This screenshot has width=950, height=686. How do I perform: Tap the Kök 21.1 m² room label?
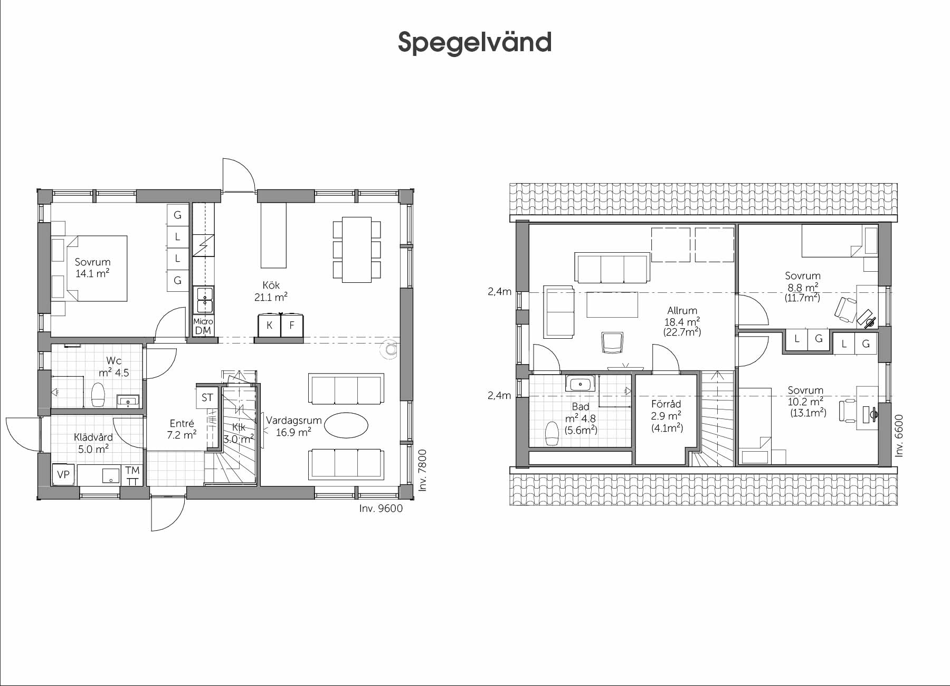pos(271,291)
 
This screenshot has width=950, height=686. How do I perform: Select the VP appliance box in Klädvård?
pos(63,474)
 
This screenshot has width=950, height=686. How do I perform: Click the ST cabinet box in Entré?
pos(207,397)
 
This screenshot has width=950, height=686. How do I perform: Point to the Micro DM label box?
pos(203,326)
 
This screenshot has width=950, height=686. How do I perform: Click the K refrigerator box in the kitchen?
pos(269,326)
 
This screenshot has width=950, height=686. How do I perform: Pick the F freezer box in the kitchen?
pos(292,326)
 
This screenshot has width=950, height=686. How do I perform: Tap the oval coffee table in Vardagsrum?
pos(346,425)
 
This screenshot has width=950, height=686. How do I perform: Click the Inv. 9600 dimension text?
pos(381,509)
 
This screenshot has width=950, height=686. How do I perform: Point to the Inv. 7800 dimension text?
pos(422,470)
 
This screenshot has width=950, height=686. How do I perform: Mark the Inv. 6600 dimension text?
pos(900,435)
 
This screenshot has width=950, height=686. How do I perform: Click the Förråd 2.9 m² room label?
pos(667,416)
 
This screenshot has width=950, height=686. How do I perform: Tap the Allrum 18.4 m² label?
pos(682,321)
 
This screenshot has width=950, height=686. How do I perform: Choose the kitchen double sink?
pos(203,300)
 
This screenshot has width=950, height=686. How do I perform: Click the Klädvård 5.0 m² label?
pos(93,443)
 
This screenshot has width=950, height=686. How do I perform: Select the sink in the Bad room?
pos(581,383)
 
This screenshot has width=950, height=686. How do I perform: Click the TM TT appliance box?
pos(132,475)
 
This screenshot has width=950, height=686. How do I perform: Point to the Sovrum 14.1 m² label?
pos(93,268)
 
